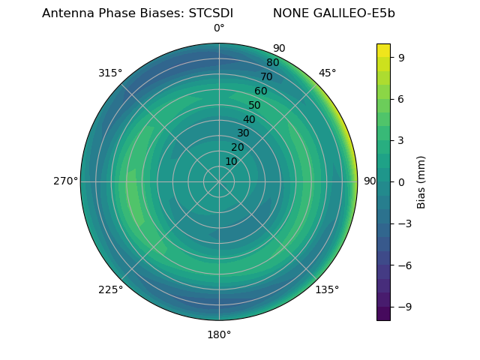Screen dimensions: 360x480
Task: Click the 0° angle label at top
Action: [x=219, y=28]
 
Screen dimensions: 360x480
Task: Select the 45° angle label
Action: [x=327, y=73]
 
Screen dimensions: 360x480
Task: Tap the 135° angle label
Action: [x=327, y=289]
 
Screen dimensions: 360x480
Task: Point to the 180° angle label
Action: [x=219, y=334]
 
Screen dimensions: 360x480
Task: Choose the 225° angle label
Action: [x=110, y=289]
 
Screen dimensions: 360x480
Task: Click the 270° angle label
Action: [x=65, y=181]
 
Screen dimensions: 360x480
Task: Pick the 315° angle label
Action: [x=110, y=73]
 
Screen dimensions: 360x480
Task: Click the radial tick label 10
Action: [x=231, y=161]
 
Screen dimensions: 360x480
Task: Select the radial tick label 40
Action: [x=249, y=119]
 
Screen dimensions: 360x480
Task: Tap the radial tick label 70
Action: [x=266, y=76]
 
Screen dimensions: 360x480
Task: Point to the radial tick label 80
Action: [x=272, y=62]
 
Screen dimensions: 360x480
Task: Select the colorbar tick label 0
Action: [x=401, y=181]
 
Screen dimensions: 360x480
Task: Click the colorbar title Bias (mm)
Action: [x=421, y=181]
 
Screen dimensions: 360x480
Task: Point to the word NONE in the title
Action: [x=288, y=13]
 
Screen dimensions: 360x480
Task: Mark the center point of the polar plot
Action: [x=219, y=181]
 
